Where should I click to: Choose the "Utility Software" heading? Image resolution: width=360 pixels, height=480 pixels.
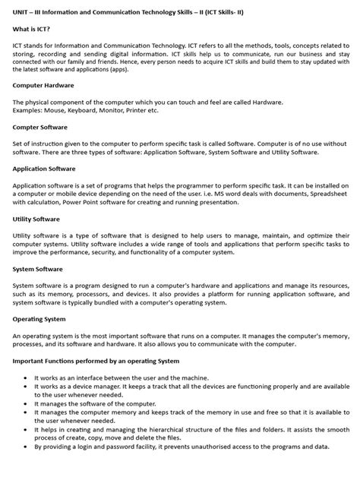[36, 219]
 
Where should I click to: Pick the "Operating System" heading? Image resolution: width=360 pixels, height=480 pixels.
[39, 319]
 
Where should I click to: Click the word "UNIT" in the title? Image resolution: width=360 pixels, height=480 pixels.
[21, 8]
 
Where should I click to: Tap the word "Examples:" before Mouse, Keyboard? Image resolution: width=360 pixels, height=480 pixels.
[28, 109]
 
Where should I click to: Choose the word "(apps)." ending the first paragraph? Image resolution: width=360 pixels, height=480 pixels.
[141, 70]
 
